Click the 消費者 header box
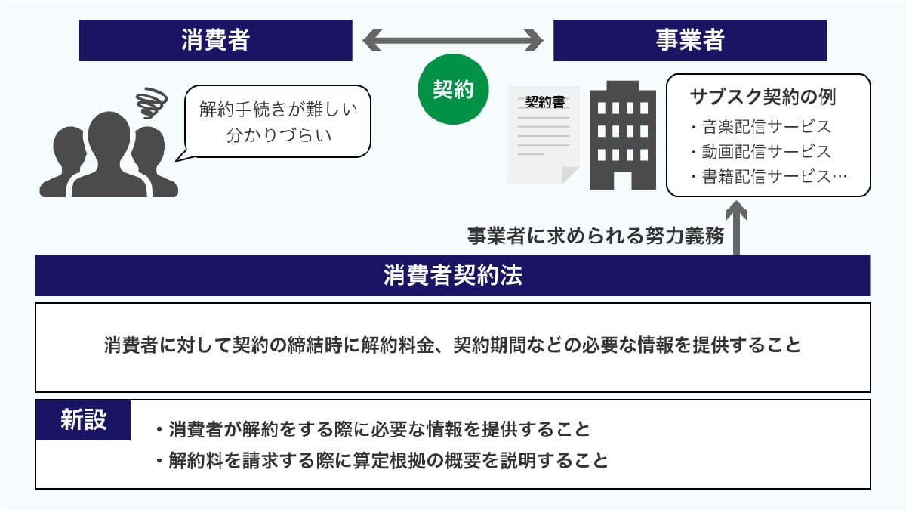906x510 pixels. pyautogui.click(x=215, y=40)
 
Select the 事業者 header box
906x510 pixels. pyautogui.click(x=690, y=40)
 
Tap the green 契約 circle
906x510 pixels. pyautogui.click(x=453, y=91)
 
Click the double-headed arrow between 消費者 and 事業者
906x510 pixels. pyautogui.click(x=453, y=39)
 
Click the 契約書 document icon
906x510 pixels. pyautogui.click(x=544, y=136)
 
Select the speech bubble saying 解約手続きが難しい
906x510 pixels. pyautogui.click(x=278, y=122)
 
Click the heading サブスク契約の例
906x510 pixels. pyautogui.click(x=763, y=98)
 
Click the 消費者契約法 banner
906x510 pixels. pyautogui.click(x=453, y=276)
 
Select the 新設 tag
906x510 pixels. pyautogui.click(x=83, y=420)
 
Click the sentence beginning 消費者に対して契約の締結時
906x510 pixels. pyautogui.click(x=453, y=346)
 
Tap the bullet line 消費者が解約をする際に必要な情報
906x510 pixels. pyautogui.click(x=371, y=429)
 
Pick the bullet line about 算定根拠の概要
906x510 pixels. pyautogui.click(x=381, y=460)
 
